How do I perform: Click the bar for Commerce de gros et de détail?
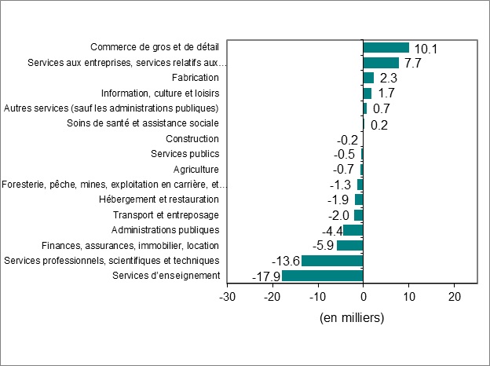pyautogui.click(x=386, y=48)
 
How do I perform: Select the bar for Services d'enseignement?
pyautogui.click(x=322, y=276)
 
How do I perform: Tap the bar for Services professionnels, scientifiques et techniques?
pyautogui.click(x=332, y=261)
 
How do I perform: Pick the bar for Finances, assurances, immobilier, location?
pyautogui.click(x=349, y=245)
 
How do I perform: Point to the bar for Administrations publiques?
pyautogui.click(x=353, y=230)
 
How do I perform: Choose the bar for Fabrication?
pyautogui.click(x=368, y=78)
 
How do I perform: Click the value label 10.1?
pyautogui.click(x=425, y=49)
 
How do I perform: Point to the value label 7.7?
pyautogui.click(x=413, y=64)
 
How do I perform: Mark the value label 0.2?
pyautogui.click(x=378, y=124)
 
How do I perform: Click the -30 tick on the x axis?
pyautogui.click(x=227, y=298)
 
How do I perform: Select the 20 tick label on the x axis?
pyautogui.click(x=454, y=298)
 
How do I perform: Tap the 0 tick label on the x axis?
pyautogui.click(x=363, y=298)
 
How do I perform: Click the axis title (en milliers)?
pyautogui.click(x=352, y=318)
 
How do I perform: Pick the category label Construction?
pyautogui.click(x=192, y=139)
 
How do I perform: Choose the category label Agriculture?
pyautogui.click(x=196, y=170)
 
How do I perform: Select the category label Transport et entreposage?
pyautogui.click(x=166, y=215)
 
